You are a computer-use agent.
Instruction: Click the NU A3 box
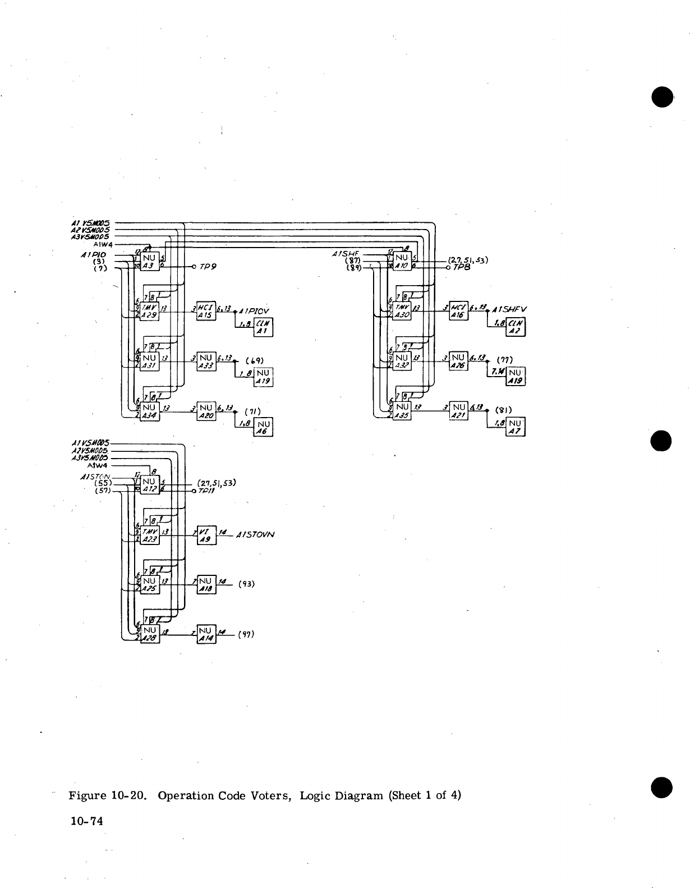click(150, 260)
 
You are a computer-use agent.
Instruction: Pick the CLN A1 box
click(263, 327)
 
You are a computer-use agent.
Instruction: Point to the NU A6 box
click(264, 428)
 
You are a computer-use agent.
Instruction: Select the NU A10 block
click(402, 260)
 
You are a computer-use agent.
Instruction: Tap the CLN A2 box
click(515, 327)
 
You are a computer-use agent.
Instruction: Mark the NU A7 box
click(515, 427)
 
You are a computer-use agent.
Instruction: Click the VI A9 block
click(205, 535)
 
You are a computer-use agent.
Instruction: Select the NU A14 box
click(205, 634)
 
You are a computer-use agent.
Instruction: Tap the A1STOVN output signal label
click(255, 535)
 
